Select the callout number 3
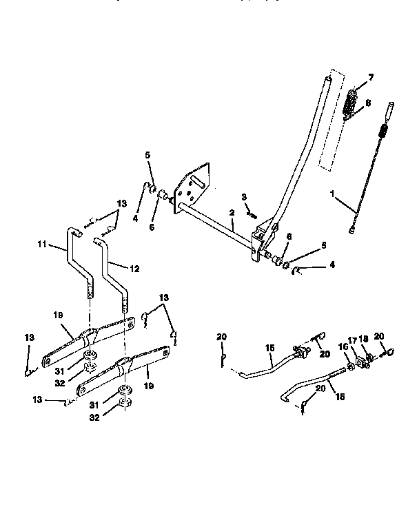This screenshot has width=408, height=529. pos(243,198)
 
